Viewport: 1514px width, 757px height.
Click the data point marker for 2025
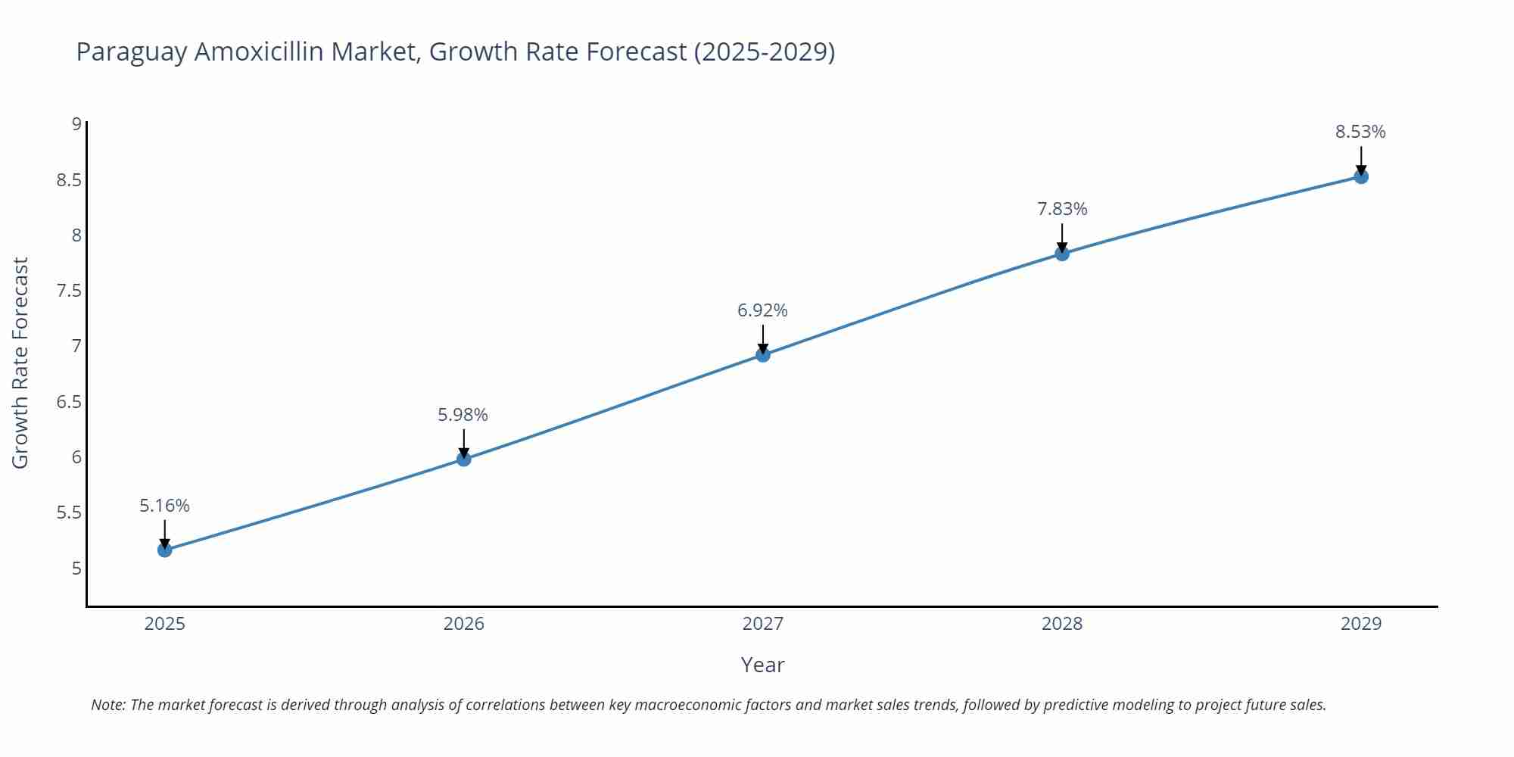(x=165, y=550)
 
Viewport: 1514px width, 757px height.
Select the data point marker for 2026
(x=464, y=459)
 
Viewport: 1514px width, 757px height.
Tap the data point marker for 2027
(x=763, y=354)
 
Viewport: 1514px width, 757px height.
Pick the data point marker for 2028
(x=1062, y=254)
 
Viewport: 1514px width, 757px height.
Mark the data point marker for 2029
(x=1361, y=176)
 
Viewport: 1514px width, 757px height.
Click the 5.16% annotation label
(x=164, y=506)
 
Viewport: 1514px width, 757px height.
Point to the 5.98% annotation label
(x=463, y=415)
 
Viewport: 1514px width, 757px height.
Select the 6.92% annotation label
(x=762, y=310)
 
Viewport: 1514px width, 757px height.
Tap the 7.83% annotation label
(x=1062, y=209)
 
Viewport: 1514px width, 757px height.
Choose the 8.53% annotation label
(x=1360, y=132)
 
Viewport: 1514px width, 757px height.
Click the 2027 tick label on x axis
(x=763, y=624)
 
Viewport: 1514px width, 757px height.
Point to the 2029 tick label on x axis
(x=1361, y=624)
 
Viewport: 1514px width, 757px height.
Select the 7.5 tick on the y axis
(x=69, y=291)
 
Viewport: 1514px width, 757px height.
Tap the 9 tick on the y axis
(x=76, y=124)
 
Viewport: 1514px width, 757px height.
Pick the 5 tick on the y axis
(x=76, y=569)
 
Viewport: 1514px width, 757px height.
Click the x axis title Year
(x=762, y=665)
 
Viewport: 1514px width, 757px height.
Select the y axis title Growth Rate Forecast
(x=20, y=363)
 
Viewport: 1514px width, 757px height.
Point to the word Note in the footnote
(x=107, y=705)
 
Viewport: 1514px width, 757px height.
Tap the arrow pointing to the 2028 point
(x=1062, y=238)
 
